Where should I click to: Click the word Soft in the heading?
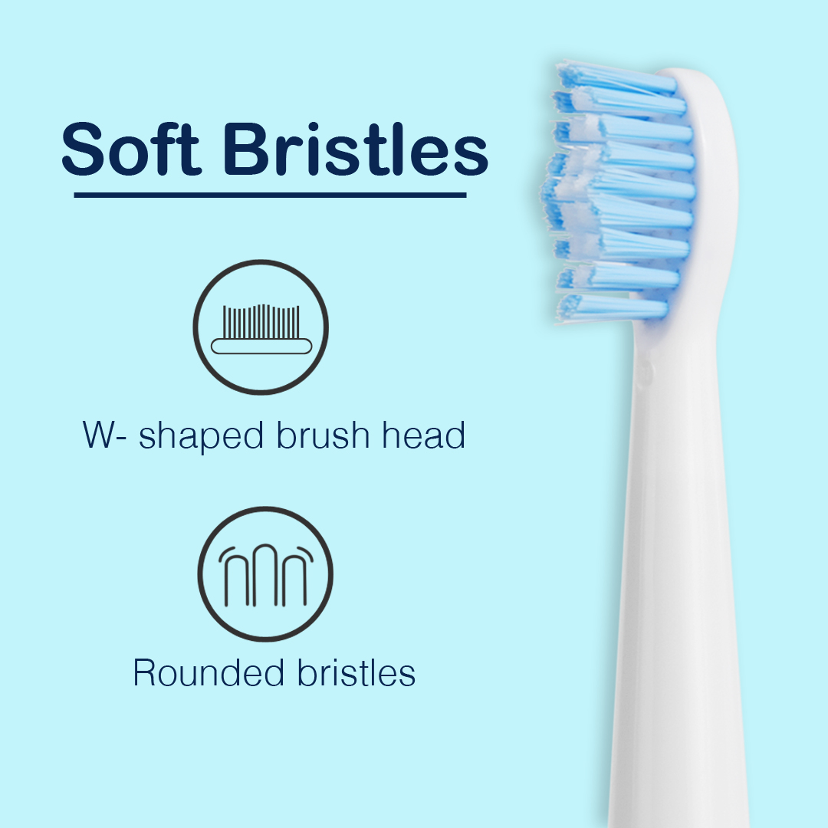click(x=131, y=149)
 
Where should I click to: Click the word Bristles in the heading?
click(x=356, y=149)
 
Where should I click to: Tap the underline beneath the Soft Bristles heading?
click(x=270, y=195)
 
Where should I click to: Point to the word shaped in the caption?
click(x=201, y=436)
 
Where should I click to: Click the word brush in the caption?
click(x=324, y=435)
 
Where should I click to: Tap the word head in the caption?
click(x=423, y=435)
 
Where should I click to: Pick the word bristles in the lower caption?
click(x=356, y=673)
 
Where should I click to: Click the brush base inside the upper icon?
click(x=261, y=347)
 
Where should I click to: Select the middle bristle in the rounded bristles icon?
click(x=265, y=576)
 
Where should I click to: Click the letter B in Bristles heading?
click(x=245, y=149)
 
